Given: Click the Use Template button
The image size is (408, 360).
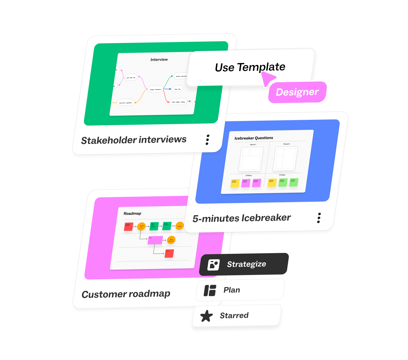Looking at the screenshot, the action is (250, 67).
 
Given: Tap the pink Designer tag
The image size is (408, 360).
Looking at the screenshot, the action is (297, 92).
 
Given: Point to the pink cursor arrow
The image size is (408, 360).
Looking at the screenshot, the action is (268, 79).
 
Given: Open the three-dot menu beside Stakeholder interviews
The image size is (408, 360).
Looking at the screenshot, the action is (207, 140).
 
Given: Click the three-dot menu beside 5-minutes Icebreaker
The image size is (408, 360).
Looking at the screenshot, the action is (319, 218).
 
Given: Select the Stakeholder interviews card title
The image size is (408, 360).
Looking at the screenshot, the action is (134, 140).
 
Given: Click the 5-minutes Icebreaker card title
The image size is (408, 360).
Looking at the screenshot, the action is (241, 218).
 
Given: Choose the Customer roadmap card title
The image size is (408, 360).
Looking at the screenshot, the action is (126, 294).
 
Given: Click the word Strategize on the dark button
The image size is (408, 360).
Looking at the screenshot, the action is (247, 264).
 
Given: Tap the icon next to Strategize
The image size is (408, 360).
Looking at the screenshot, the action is (213, 265).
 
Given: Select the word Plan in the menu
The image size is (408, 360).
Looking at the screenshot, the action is (232, 290).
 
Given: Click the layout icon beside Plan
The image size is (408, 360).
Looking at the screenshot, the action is (210, 290).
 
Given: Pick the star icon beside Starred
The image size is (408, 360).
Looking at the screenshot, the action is (207, 316).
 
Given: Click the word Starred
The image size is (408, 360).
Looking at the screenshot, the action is (234, 316).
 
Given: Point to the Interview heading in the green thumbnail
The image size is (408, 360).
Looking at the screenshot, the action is (159, 60).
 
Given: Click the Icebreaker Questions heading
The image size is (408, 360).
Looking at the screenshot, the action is (254, 138).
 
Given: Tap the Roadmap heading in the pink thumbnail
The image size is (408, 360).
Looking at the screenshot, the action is (132, 214).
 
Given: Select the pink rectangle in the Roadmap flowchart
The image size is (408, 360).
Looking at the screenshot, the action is (155, 240).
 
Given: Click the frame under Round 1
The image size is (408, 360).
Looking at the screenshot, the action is (251, 159).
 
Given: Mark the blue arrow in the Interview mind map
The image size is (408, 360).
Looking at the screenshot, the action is (167, 89).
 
